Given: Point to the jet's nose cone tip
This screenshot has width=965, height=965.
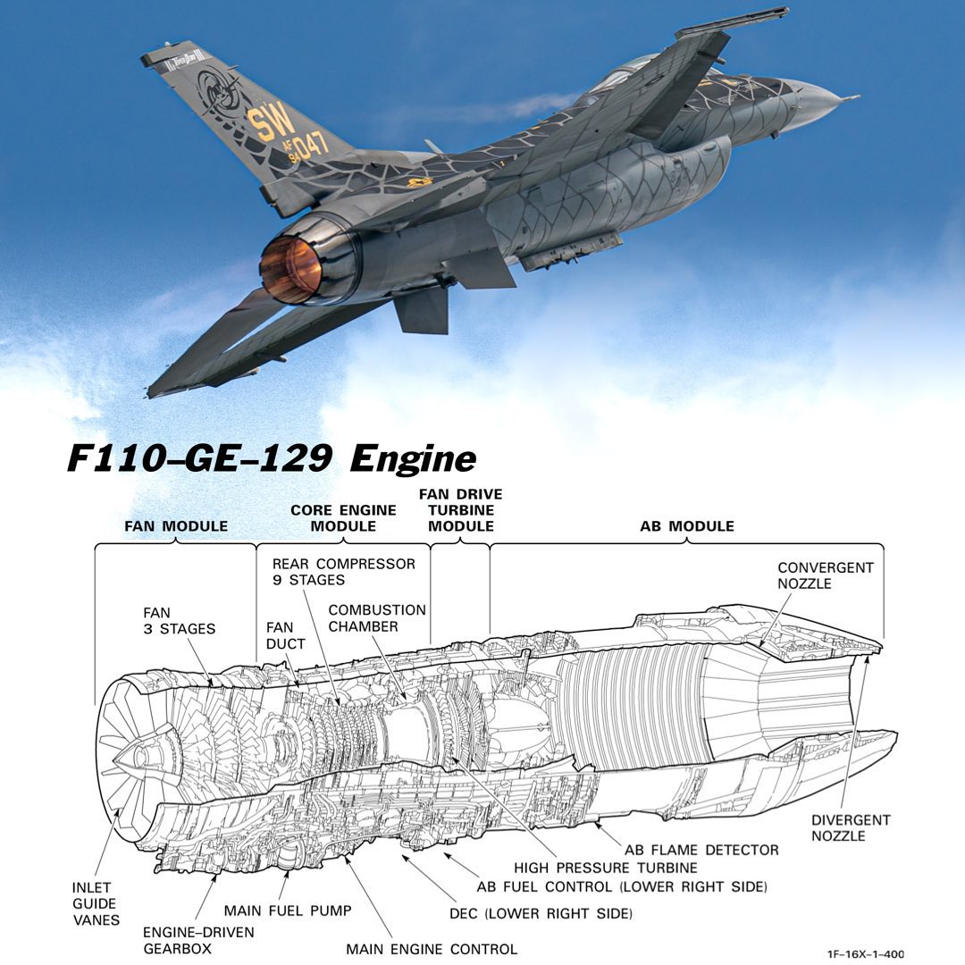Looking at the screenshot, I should tap(853, 96).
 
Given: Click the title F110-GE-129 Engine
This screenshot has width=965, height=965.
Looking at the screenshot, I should tap(271, 458).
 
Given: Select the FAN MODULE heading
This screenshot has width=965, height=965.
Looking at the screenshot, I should tap(175, 526).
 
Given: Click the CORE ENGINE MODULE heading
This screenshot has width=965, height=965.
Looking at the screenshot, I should tap(343, 518).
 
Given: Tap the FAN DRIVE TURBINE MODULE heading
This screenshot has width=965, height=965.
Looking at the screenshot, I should tap(460, 510).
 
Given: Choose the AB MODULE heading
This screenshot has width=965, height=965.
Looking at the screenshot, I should tap(686, 526).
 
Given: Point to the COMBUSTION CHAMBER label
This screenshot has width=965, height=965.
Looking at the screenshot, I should tap(376, 618).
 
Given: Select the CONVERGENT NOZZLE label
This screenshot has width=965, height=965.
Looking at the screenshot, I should tap(825, 575).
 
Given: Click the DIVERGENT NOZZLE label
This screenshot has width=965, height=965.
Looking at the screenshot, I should tap(838, 827).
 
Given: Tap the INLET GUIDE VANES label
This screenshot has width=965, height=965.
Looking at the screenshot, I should tap(96, 903).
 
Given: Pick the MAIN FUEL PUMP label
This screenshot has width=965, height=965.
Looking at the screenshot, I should tap(287, 910).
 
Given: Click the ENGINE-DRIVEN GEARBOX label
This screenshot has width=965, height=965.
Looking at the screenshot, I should tap(198, 940).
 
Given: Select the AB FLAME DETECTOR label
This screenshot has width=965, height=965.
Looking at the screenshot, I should tap(701, 849).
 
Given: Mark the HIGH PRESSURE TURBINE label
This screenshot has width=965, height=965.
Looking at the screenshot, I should tap(606, 868).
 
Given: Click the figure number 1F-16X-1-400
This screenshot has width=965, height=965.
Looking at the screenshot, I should tap(865, 954).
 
